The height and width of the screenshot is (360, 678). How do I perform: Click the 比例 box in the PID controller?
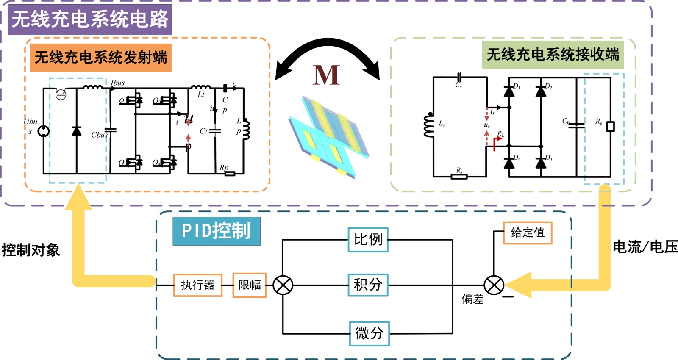point(368,240)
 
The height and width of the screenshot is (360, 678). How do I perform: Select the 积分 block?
point(368,285)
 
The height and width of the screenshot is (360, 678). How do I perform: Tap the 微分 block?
point(369,334)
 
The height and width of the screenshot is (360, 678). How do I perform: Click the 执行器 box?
point(197,285)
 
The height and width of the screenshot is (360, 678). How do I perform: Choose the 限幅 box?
point(250,285)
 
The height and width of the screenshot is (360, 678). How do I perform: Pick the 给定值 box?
point(528,233)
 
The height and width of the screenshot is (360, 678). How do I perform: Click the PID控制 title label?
point(216,231)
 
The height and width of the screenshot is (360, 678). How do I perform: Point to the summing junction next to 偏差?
point(494,285)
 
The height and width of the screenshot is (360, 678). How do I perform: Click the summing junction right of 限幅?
point(283,285)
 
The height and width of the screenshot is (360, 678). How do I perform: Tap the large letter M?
point(326,75)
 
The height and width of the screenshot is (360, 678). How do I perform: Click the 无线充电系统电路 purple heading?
point(90,19)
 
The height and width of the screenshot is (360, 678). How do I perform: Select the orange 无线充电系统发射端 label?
point(101,58)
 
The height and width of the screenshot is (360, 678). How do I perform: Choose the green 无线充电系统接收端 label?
point(553,55)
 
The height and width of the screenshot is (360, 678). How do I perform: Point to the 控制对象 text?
point(31,250)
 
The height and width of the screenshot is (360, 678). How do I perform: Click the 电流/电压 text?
point(645,247)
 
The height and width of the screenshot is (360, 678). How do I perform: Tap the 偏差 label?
point(472,299)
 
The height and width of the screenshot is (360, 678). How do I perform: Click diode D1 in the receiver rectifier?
point(509,91)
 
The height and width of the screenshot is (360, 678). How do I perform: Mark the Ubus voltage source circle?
point(44,131)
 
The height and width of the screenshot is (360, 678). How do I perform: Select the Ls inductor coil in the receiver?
point(429,125)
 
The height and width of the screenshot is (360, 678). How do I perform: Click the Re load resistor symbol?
point(610,126)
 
